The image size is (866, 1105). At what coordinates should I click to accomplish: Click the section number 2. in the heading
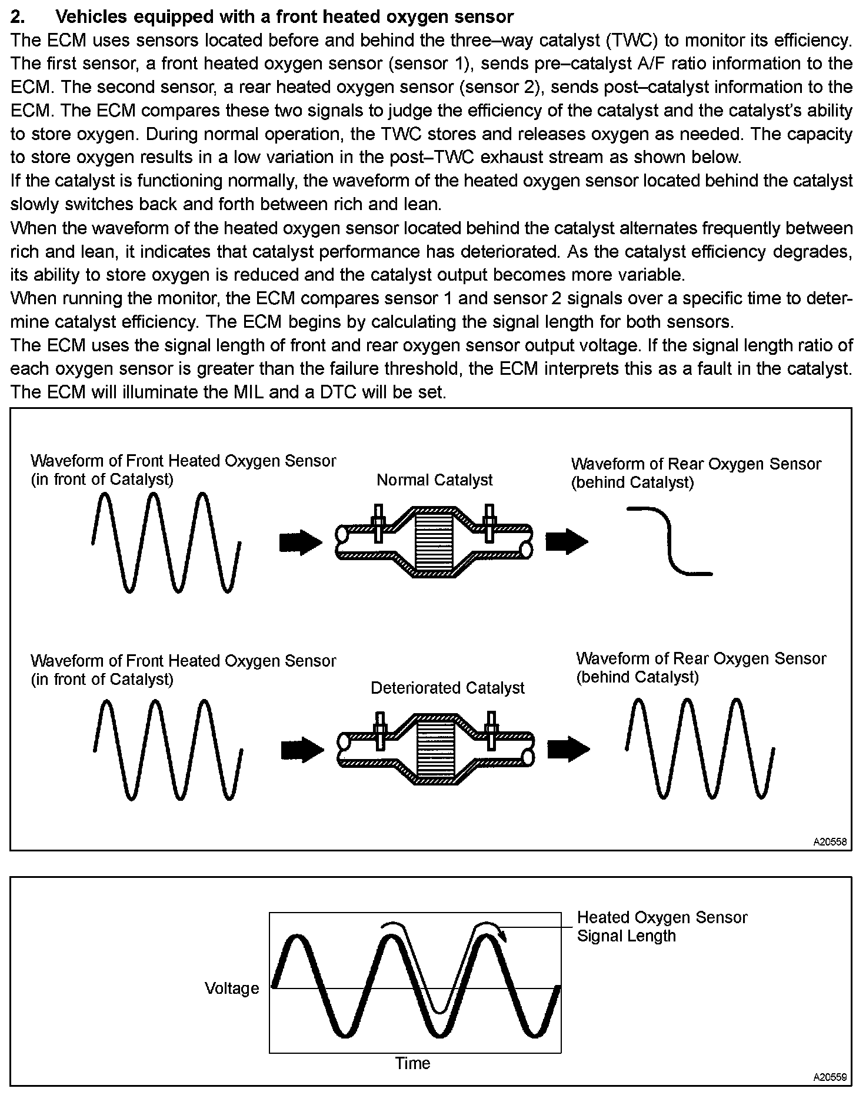[x=18, y=16]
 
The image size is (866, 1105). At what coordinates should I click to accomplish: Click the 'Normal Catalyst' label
[x=434, y=480]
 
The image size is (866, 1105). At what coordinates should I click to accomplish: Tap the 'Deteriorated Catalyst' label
[x=447, y=688]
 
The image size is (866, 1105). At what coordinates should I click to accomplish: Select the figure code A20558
[x=830, y=842]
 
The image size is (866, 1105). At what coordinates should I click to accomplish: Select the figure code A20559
[x=830, y=1077]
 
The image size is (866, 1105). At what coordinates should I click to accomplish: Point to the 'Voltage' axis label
[x=232, y=988]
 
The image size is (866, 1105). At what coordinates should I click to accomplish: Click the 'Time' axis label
[x=412, y=1063]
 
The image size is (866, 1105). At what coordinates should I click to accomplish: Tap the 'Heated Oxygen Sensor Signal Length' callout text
[x=661, y=927]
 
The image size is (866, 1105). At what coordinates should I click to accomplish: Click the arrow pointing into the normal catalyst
[x=301, y=542]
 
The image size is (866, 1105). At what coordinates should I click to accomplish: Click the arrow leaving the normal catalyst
[x=567, y=541]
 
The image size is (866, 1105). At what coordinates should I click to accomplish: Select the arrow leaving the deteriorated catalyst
[x=568, y=749]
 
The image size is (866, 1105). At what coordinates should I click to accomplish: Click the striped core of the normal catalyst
[x=434, y=542]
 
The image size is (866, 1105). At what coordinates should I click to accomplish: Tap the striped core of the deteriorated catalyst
[x=436, y=750]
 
